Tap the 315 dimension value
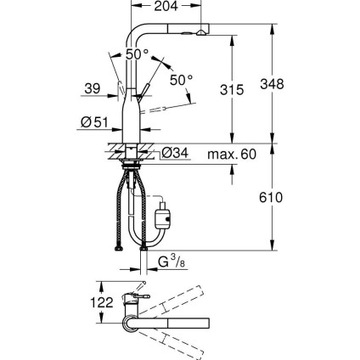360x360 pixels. point(244,88)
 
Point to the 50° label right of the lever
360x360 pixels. point(181,81)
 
